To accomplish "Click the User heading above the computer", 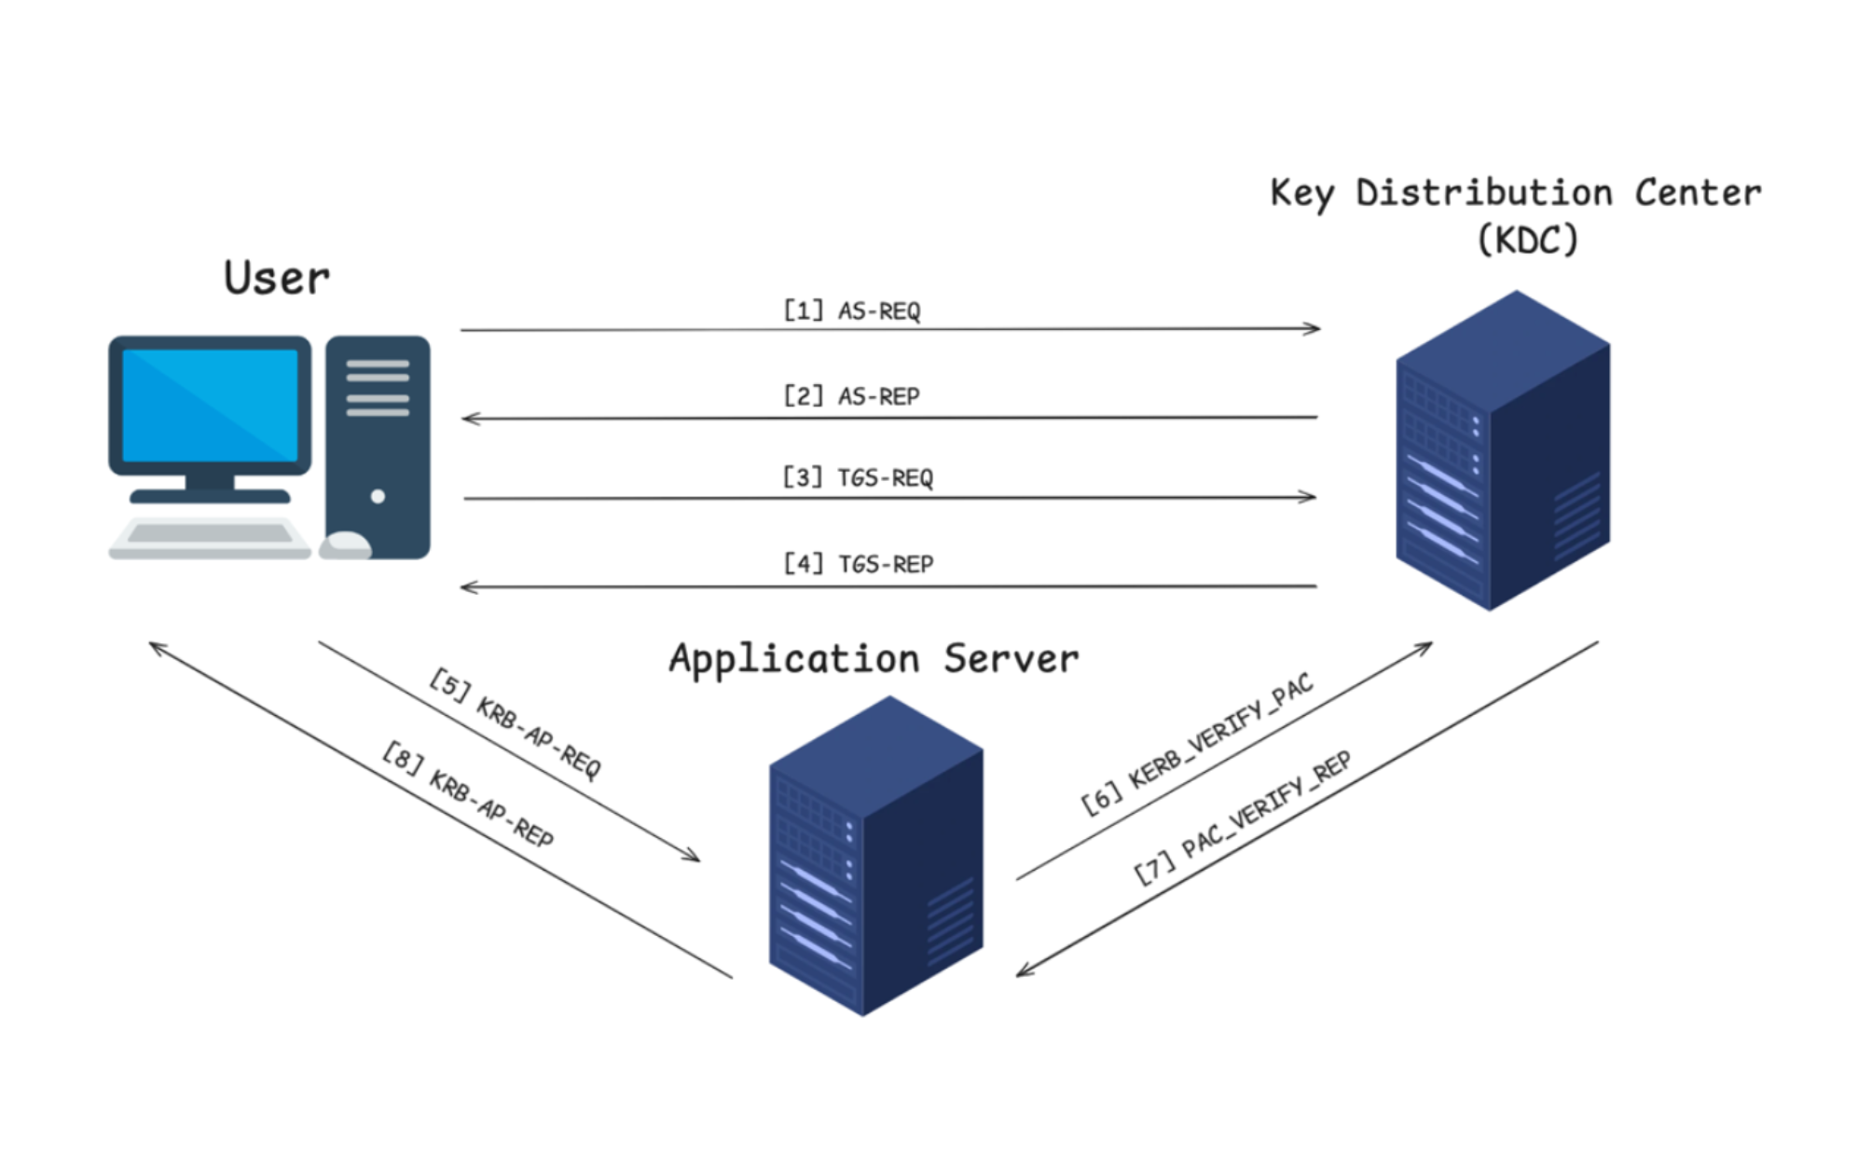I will [276, 278].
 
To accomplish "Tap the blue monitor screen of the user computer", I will [210, 406].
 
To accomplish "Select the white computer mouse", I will [346, 544].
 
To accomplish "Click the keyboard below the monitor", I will [210, 536].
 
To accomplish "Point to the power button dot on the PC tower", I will [378, 496].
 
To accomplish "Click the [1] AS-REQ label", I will [851, 310].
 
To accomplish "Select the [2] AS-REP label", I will [851, 396].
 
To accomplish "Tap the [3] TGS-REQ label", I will [857, 477].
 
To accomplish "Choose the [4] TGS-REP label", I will [858, 564].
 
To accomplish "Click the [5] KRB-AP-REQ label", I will [516, 723].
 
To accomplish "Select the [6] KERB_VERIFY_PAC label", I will [1197, 743].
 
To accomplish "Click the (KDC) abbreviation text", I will [1527, 241].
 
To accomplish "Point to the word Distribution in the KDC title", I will [1483, 193].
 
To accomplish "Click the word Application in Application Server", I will [793, 660].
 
